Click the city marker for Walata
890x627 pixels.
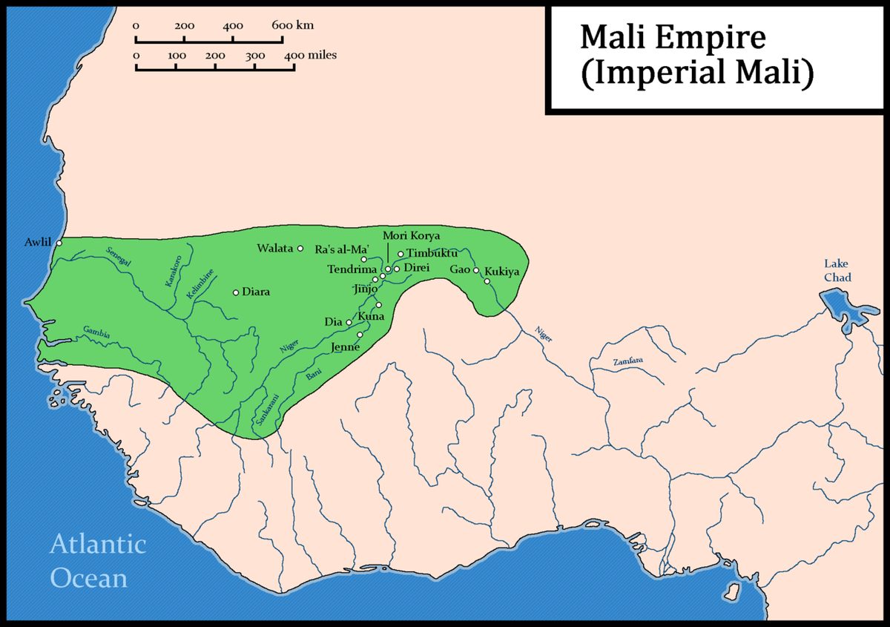tap(300, 248)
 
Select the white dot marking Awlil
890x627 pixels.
tap(59, 242)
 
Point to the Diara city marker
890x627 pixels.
tap(236, 292)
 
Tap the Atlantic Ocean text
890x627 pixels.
tap(97, 561)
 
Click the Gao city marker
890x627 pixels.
tap(476, 270)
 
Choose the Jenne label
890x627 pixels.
tap(346, 347)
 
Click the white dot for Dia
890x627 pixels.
tap(349, 322)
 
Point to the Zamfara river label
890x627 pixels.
tap(627, 361)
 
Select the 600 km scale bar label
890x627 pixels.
tap(292, 25)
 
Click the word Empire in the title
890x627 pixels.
tap(702, 36)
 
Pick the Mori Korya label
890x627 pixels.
tap(411, 235)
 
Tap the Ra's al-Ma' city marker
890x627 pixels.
tap(364, 259)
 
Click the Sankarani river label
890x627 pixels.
tap(262, 407)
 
